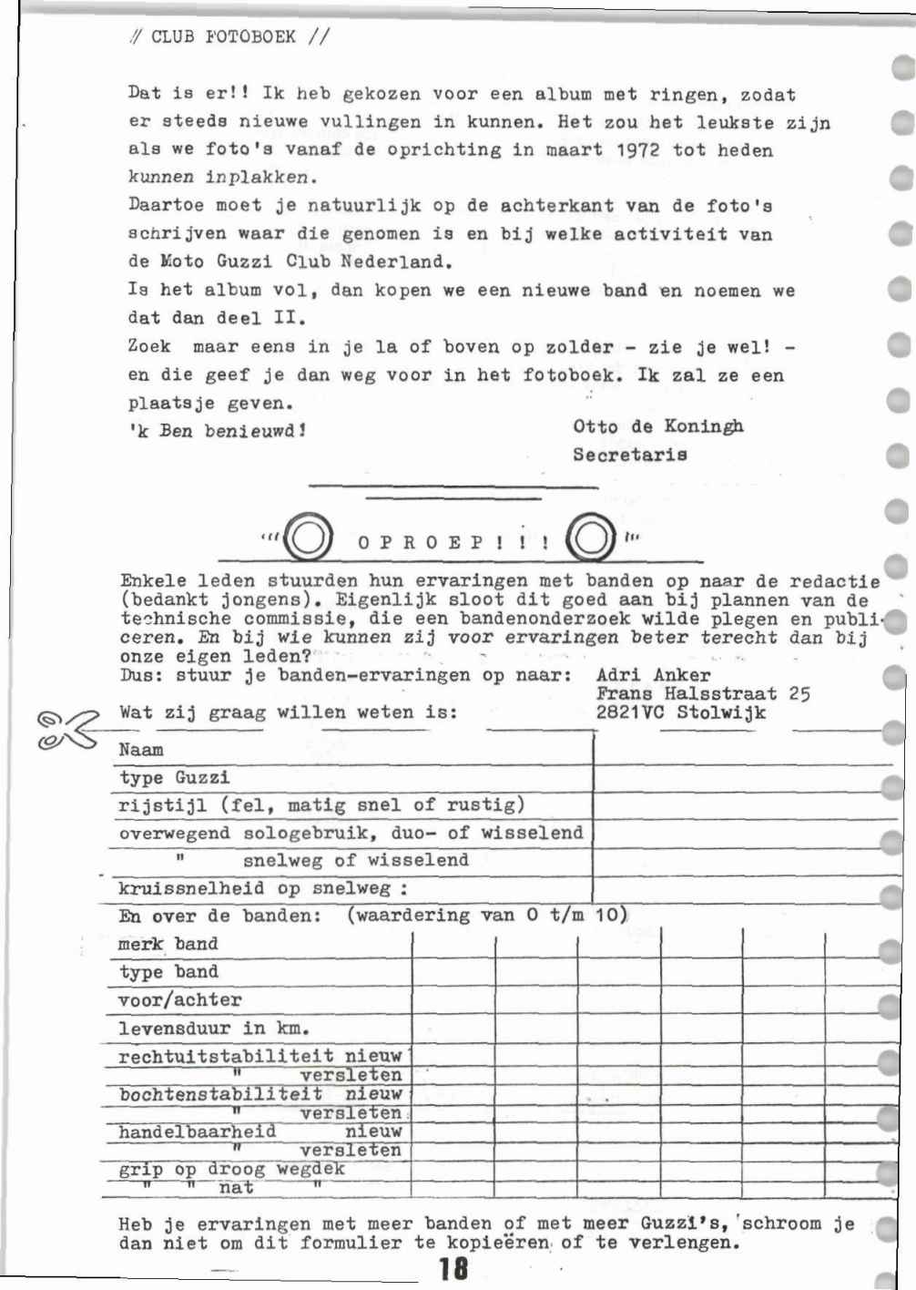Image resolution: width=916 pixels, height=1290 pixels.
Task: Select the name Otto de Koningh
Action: point(657,426)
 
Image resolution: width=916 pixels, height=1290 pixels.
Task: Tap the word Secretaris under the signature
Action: point(629,455)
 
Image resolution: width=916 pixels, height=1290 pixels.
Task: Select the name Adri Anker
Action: point(653,675)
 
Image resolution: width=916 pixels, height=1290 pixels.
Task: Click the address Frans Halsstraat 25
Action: point(703,694)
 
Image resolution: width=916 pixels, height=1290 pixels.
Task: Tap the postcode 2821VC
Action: point(630,713)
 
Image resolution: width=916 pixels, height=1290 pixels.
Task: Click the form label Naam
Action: point(141,751)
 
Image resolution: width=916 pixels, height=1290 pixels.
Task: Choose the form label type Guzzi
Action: point(174,778)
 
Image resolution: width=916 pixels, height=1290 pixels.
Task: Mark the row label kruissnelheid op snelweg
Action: point(262,888)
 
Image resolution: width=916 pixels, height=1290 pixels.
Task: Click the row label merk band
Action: point(168,944)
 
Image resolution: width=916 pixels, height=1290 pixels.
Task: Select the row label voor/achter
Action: point(179,999)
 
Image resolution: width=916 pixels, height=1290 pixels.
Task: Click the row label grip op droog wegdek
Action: point(231,1169)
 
